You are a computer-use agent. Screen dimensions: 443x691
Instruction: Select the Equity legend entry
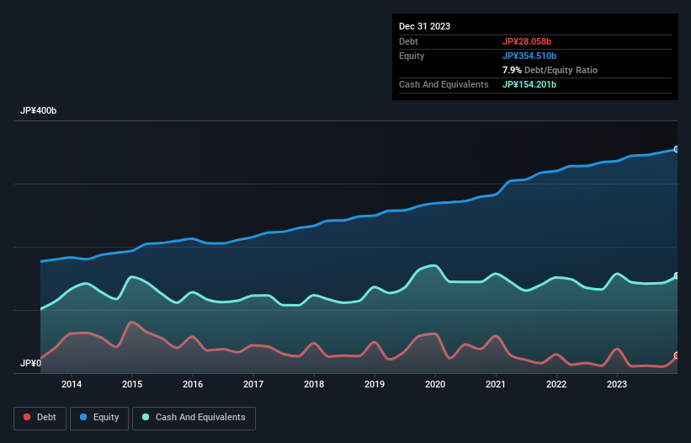coord(100,418)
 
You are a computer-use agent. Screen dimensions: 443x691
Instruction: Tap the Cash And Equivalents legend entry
coord(194,418)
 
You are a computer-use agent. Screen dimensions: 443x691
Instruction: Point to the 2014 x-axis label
coord(72,385)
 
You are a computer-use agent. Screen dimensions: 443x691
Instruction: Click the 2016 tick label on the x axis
coord(193,385)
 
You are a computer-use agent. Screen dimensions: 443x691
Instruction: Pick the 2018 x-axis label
coord(314,385)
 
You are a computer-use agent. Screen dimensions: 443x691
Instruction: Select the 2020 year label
coord(435,385)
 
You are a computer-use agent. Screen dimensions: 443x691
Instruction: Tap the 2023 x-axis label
coord(617,385)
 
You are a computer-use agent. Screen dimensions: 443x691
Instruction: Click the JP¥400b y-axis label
coord(39,111)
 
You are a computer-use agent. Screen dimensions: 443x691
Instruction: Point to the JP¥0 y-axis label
coord(31,364)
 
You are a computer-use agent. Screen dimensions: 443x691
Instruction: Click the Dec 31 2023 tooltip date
coord(424,26)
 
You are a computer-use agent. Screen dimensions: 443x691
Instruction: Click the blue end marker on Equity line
coord(676,149)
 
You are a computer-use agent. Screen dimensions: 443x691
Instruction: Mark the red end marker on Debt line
coord(676,355)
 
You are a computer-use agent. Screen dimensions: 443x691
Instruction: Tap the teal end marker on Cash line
coord(676,276)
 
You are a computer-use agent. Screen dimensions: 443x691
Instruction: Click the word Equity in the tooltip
coord(412,56)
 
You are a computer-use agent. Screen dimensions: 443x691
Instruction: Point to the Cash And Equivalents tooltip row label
coord(444,84)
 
